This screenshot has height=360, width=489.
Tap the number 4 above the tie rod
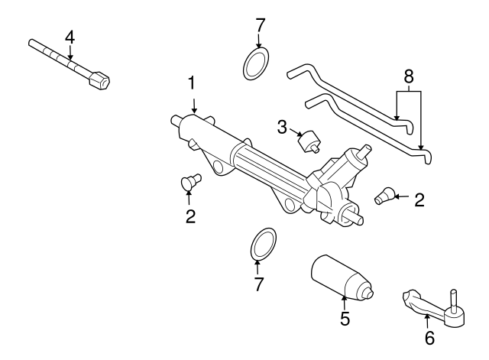pyautogui.click(x=70, y=36)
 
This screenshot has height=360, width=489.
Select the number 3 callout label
pyautogui.click(x=282, y=126)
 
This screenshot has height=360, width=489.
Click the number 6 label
pyautogui.click(x=429, y=337)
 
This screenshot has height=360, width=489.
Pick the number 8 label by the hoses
pyautogui.click(x=409, y=76)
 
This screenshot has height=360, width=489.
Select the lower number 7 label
pyautogui.click(x=257, y=284)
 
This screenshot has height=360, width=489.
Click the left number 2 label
pyautogui.click(x=190, y=216)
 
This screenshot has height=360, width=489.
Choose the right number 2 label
pyautogui.click(x=418, y=200)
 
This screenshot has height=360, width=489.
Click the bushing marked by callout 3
pyautogui.click(x=311, y=142)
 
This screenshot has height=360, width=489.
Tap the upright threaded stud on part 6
pyautogui.click(x=454, y=300)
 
